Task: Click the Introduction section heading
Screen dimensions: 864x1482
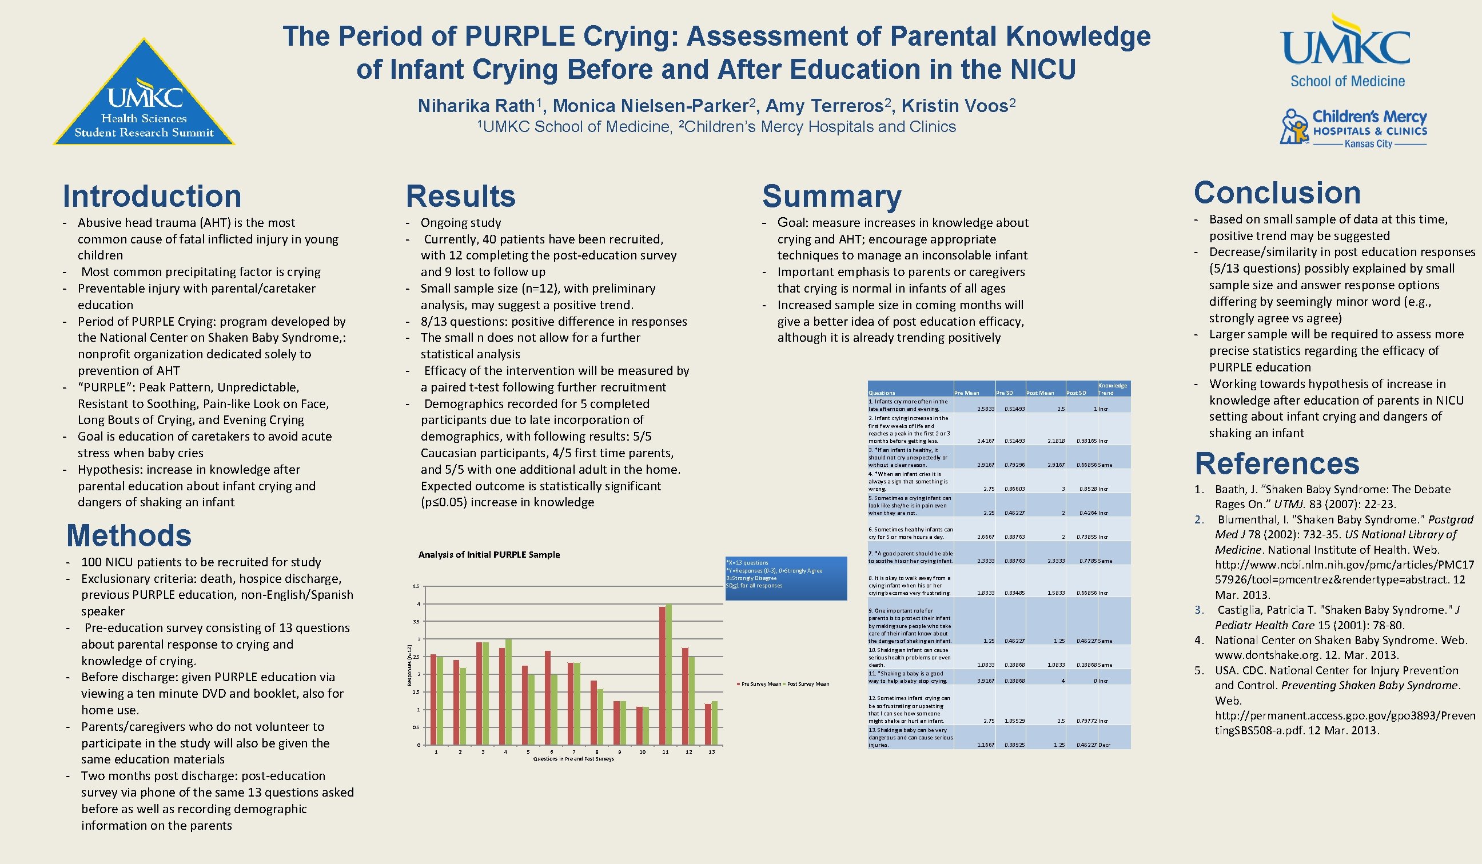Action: tap(152, 197)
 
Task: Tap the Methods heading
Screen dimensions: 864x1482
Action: tap(129, 535)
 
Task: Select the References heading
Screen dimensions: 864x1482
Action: tap(1277, 464)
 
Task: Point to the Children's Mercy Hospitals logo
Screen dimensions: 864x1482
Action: tap(1353, 127)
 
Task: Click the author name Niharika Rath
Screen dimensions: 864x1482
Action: tap(477, 106)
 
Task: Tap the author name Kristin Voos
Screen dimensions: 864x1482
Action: tap(954, 106)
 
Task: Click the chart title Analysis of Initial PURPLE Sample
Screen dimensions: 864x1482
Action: tap(489, 554)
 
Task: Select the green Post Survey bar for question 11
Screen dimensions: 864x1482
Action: tap(668, 674)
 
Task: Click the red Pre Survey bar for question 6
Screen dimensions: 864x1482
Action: tap(548, 698)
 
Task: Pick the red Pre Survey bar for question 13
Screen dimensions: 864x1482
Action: tap(708, 724)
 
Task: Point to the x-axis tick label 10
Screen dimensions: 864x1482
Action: tap(642, 752)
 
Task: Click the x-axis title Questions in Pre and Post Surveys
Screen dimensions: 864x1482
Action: tap(573, 759)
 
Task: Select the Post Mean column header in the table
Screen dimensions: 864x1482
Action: tap(1040, 393)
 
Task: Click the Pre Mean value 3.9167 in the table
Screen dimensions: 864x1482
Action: tap(986, 681)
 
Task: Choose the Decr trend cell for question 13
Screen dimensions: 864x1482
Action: tap(1105, 745)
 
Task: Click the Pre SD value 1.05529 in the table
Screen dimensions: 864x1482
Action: tap(1015, 721)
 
